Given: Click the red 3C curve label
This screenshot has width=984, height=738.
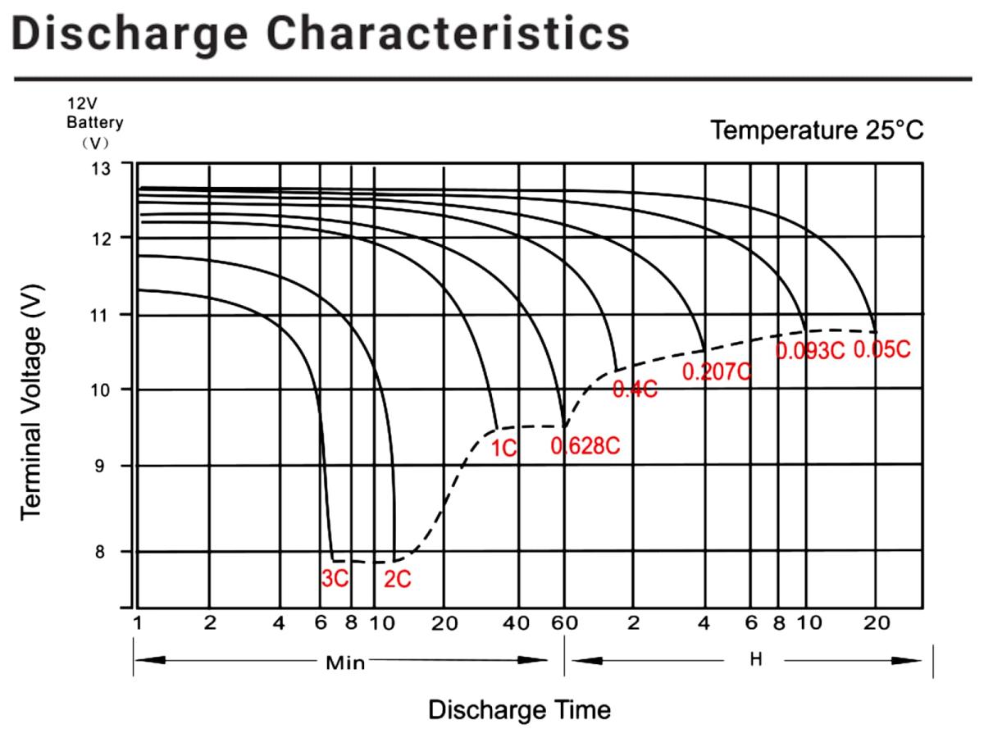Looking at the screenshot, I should pyautogui.click(x=335, y=578).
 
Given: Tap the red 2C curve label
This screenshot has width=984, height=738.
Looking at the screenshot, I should pyautogui.click(x=398, y=579).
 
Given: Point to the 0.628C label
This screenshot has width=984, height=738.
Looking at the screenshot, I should pyautogui.click(x=585, y=447).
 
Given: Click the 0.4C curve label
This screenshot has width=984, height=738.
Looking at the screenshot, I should pyautogui.click(x=635, y=390).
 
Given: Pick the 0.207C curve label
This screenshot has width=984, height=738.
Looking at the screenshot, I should pyautogui.click(x=717, y=371).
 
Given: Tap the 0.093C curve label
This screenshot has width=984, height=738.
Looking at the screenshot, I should pyautogui.click(x=809, y=351).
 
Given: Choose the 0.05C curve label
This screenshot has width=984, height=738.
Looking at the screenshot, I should pyautogui.click(x=882, y=349).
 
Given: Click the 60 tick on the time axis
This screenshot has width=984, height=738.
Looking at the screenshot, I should pyautogui.click(x=564, y=623).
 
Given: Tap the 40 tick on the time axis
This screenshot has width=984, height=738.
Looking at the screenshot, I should pyautogui.click(x=517, y=623).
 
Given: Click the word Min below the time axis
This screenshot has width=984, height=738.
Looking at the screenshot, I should pyautogui.click(x=345, y=663).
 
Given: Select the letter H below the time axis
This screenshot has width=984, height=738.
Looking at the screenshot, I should pyautogui.click(x=756, y=659).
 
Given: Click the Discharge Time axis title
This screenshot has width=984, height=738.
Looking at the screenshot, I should pyautogui.click(x=519, y=709).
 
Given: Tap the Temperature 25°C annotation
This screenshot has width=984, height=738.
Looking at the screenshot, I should pyautogui.click(x=818, y=130).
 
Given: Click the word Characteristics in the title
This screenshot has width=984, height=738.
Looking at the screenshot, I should pyautogui.click(x=450, y=34).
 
